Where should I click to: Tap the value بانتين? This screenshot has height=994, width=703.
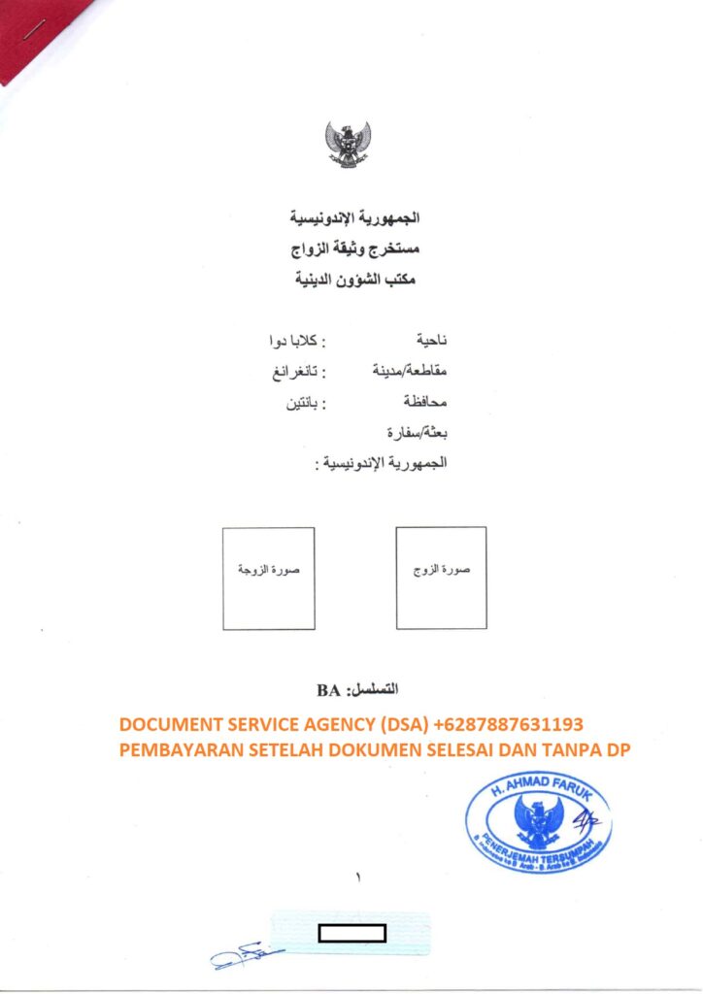click(x=298, y=401)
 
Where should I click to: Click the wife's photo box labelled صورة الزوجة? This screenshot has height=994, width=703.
click(x=268, y=579)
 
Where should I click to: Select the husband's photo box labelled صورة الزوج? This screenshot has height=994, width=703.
click(x=441, y=579)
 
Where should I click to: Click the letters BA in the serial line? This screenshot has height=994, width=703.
click(x=327, y=691)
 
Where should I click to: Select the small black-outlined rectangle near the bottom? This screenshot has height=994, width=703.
click(x=352, y=934)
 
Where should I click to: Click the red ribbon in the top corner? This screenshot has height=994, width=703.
click(x=39, y=34)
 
